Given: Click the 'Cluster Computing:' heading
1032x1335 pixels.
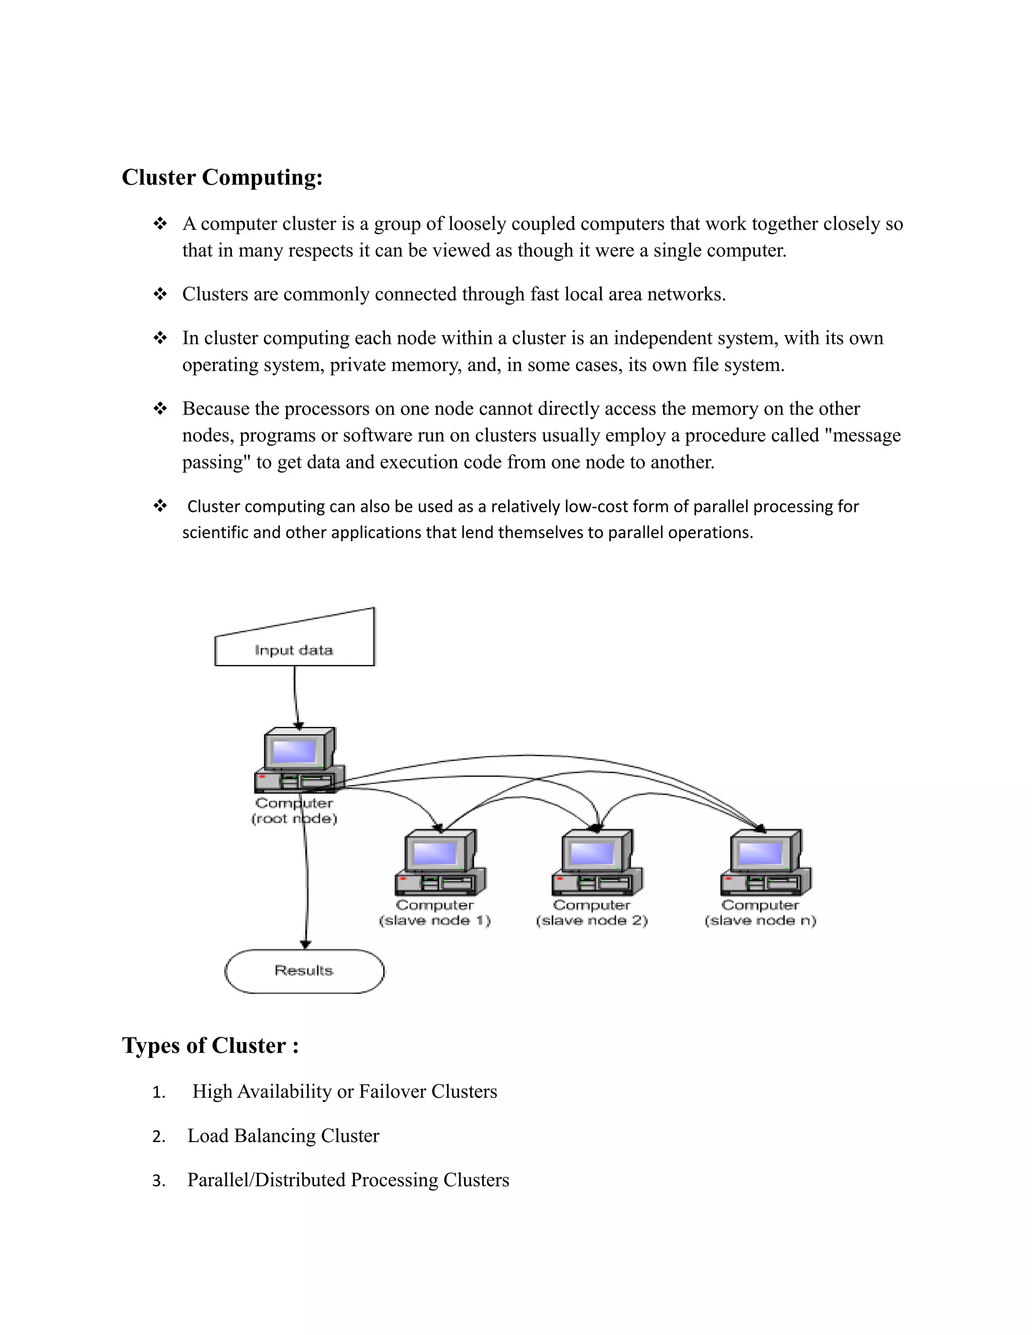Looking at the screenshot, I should tap(222, 177).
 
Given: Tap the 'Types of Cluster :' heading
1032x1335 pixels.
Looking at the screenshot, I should tap(210, 1045).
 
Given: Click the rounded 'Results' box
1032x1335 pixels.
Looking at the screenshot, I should tap(304, 971).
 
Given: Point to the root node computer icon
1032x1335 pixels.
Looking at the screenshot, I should tap(299, 760).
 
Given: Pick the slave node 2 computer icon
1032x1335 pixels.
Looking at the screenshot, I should tap(597, 862).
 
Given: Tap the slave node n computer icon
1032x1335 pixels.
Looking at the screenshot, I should tap(765, 862).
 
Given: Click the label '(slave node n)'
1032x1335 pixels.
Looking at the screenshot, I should tap(760, 920).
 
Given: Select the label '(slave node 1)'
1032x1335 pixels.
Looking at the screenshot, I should tap(435, 920).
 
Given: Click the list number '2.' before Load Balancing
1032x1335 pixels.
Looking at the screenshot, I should tap(158, 1137).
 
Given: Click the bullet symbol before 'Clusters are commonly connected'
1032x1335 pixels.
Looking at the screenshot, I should tap(160, 294).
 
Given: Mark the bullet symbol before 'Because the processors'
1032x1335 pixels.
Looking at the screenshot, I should tap(160, 409).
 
